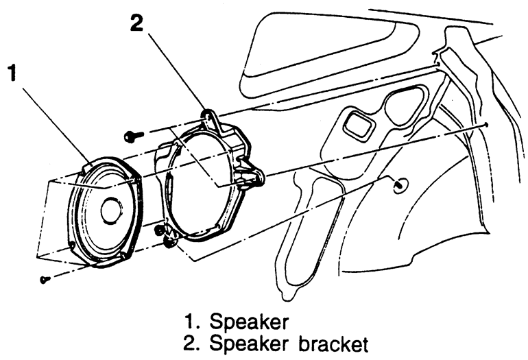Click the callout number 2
(137, 23)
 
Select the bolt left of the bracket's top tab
(130, 137)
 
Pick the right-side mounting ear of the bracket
(255, 176)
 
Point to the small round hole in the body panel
(400, 183)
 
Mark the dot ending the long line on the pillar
(486, 125)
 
